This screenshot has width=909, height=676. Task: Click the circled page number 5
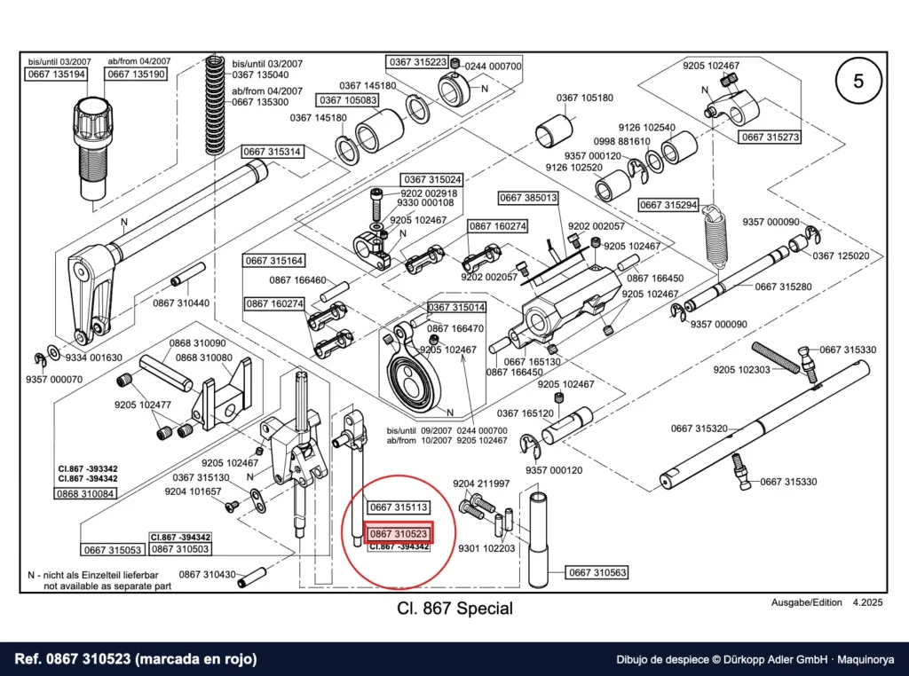(858, 81)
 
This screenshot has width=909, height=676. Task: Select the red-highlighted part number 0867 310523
(399, 533)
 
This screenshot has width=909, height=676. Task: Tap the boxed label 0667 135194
(56, 75)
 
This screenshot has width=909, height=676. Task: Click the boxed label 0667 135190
(136, 75)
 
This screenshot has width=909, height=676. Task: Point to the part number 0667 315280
(783, 287)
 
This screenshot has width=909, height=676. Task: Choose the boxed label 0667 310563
(597, 572)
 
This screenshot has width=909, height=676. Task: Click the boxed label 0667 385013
(528, 198)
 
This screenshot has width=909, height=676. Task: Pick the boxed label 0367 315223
(418, 62)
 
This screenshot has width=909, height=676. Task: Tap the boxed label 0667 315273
(771, 137)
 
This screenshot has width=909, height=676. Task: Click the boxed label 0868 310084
(85, 493)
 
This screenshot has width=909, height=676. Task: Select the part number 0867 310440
(181, 303)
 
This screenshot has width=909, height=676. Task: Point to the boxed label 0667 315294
(668, 205)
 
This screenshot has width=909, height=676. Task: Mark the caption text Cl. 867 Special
(455, 609)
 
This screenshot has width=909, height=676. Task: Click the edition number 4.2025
(867, 602)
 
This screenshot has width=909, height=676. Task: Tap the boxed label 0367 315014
(457, 307)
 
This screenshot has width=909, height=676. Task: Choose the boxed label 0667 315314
(272, 152)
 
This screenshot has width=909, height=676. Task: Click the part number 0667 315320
(700, 428)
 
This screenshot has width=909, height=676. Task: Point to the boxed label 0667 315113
(399, 507)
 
